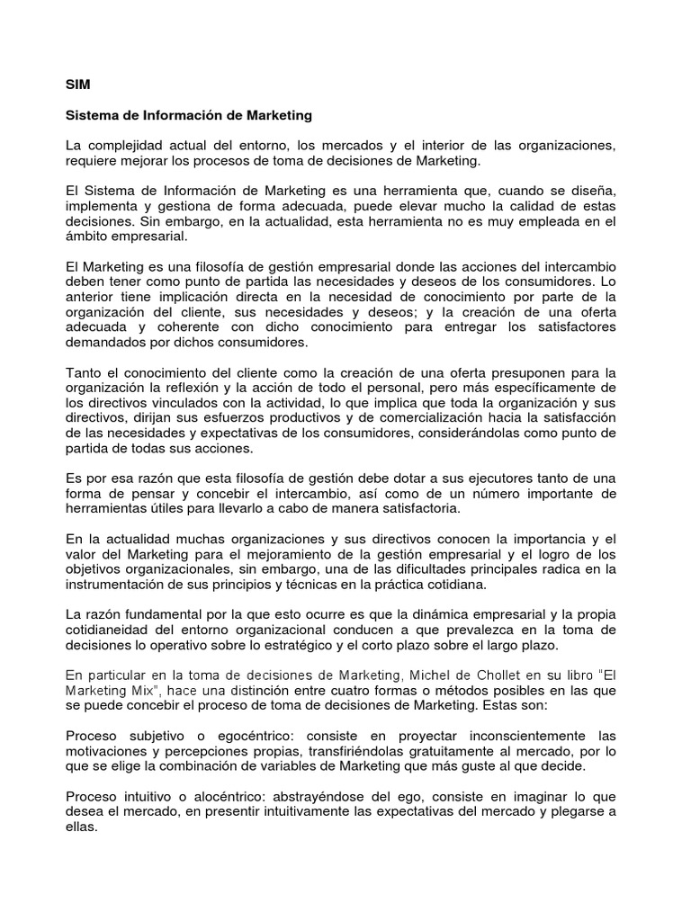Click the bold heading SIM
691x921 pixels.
coord(78,86)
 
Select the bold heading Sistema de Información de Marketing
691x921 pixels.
coord(189,115)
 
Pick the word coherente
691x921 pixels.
coord(188,327)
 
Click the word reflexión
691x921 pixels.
coord(175,388)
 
